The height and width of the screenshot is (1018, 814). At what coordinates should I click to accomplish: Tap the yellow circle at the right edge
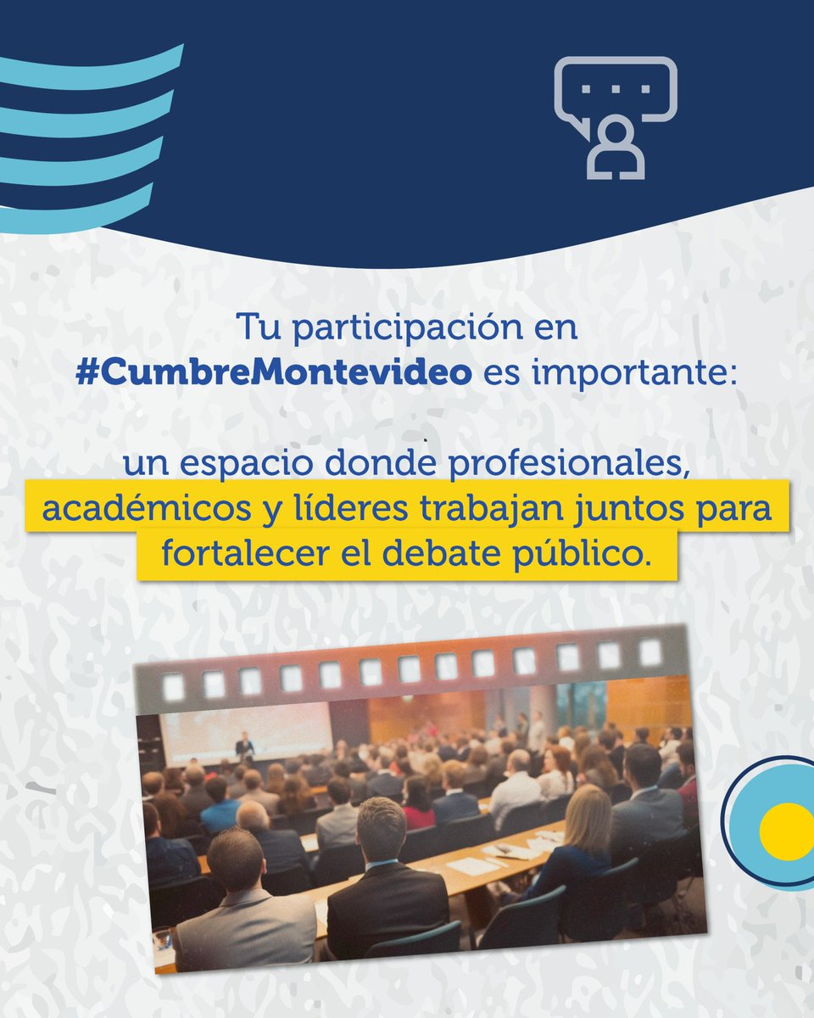coord(786,831)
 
